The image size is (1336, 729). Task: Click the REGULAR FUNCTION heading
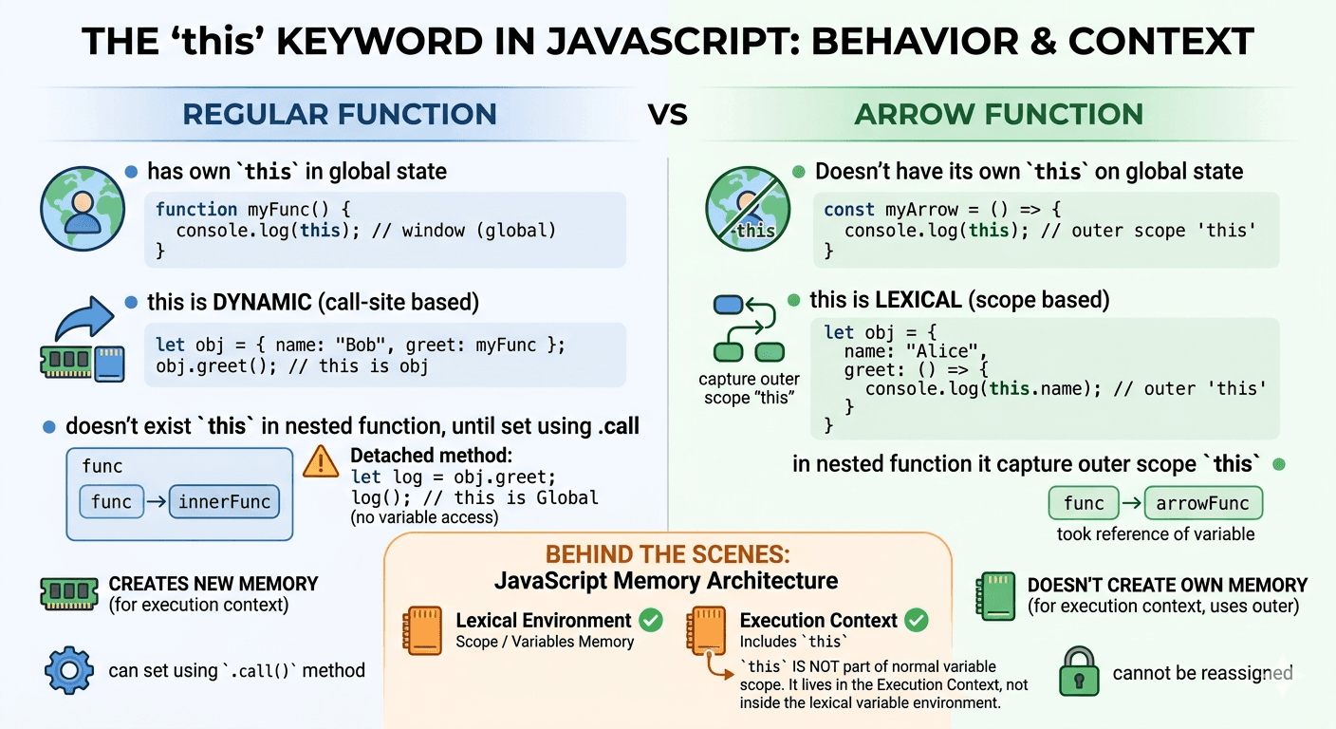(340, 115)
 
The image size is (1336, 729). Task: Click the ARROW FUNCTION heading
(998, 115)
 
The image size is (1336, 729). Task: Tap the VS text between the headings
(668, 116)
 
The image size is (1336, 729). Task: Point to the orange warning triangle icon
(321, 461)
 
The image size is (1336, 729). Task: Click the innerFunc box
(225, 501)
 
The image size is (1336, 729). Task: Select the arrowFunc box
(1203, 503)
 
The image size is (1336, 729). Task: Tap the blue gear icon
(67, 671)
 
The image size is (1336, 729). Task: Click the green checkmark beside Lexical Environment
(651, 620)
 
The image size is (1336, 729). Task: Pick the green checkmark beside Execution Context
(916, 620)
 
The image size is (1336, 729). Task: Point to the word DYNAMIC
(262, 303)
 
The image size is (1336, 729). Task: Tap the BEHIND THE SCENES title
(667, 555)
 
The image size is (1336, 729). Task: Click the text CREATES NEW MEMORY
(213, 584)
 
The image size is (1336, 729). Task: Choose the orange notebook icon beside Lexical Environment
(422, 629)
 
